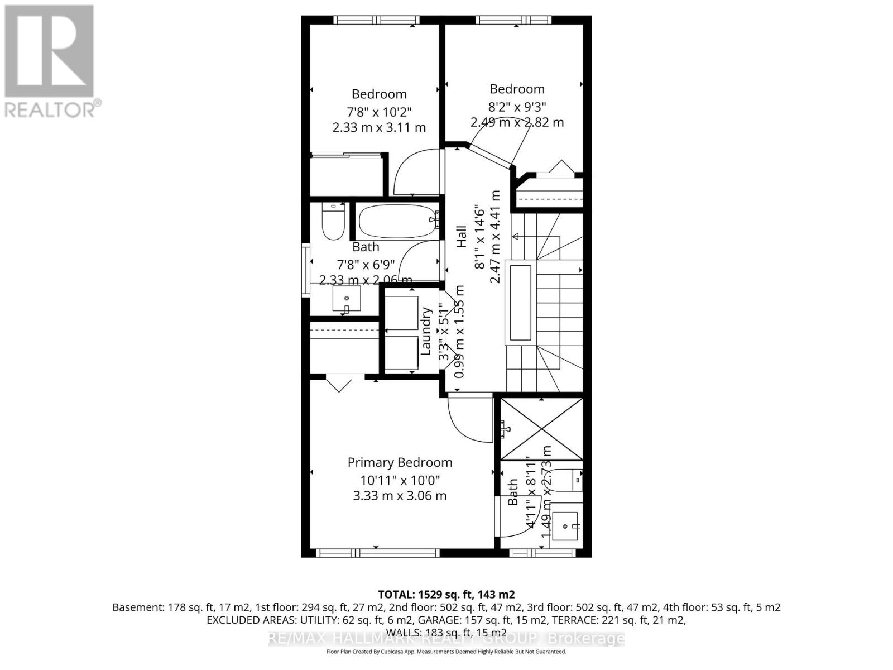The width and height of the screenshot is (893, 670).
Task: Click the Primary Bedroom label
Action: pos(400,462)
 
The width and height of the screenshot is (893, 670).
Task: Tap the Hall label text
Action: pos(462,237)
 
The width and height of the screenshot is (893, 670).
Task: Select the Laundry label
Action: pos(426,331)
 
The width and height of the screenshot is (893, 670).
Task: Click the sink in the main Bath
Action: pos(347,299)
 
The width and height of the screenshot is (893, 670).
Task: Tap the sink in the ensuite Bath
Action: pos(566,525)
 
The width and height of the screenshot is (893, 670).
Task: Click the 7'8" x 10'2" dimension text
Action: pos(379,111)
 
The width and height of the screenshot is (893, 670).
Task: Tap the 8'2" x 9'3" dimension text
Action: pos(517,106)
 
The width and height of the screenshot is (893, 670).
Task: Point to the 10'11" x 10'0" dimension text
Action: pos(400,480)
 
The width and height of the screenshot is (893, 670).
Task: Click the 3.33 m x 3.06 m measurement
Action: pos(400,496)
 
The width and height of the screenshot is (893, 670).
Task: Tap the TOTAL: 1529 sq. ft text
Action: pos(446,594)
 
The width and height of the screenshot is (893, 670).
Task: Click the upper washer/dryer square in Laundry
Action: pos(401,313)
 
